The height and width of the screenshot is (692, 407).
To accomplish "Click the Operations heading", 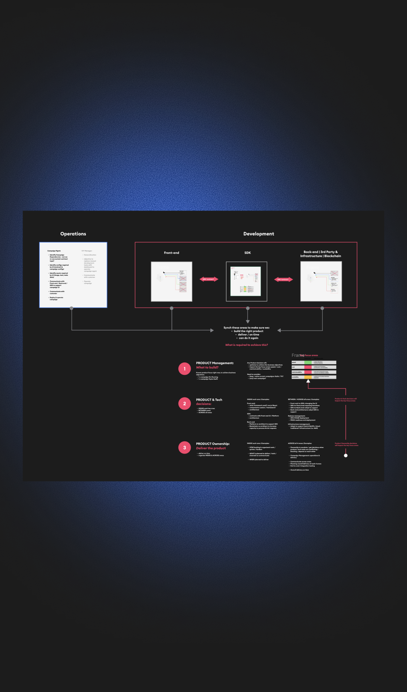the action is click(x=73, y=234).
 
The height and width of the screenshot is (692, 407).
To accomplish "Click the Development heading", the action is click(x=259, y=234).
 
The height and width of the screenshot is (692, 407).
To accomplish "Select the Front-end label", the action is click(x=171, y=253).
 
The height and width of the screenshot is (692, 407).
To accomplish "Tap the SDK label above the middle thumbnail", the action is click(x=248, y=253).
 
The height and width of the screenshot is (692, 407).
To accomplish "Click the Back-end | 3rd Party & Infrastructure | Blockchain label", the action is click(x=321, y=254).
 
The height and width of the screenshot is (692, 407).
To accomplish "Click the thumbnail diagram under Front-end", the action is click(x=171, y=281).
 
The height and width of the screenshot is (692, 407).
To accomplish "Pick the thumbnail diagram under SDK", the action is click(x=246, y=281).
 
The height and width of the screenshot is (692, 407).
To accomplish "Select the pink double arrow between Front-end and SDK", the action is click(x=209, y=279).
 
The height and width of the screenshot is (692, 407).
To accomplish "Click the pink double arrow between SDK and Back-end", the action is click(x=283, y=279).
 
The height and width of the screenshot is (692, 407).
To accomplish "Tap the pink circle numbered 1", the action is click(x=185, y=369).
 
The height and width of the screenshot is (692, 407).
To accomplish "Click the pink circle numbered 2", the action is click(x=185, y=403).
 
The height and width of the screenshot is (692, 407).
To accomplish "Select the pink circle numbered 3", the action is click(x=185, y=448).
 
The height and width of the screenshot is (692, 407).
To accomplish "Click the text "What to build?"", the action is click(x=207, y=367).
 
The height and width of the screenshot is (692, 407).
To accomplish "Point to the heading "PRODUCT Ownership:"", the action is click(x=213, y=444).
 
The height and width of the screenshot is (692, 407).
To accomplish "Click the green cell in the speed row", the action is click(x=308, y=362).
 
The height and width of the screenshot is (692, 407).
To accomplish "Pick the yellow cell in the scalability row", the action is click(x=308, y=377).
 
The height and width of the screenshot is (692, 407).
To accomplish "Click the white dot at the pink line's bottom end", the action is click(x=346, y=455).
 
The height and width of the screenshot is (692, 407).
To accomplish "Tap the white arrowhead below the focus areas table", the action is click(x=308, y=381).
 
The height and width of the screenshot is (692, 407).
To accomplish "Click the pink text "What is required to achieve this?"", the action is click(x=246, y=345).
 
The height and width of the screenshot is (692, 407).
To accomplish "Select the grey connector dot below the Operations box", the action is click(x=72, y=308).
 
